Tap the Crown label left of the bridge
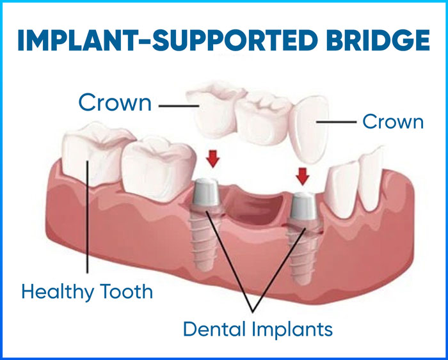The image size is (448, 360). click(115, 102)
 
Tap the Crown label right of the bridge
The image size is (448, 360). click(393, 121)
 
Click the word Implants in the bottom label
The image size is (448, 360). click(292, 330)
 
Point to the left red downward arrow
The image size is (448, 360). click(213, 159)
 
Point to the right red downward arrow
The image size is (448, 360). click(303, 176)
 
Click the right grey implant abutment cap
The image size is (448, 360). click(303, 206)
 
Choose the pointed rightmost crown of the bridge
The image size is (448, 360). click(309, 129)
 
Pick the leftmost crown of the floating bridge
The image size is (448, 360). click(214, 110)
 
